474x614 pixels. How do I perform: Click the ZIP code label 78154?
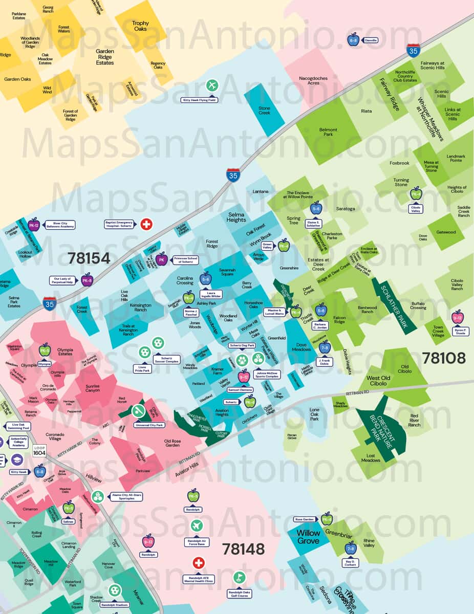[89, 258]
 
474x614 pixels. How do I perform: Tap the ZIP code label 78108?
[443, 358]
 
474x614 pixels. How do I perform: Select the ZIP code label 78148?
[243, 549]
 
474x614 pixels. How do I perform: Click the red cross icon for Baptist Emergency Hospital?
[146, 224]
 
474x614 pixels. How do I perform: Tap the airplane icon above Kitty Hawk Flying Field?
[212, 85]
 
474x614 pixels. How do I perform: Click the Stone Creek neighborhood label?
[264, 110]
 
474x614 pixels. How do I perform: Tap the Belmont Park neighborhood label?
[328, 132]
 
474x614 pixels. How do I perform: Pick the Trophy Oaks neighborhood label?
[140, 26]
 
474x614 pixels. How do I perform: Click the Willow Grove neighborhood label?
[308, 537]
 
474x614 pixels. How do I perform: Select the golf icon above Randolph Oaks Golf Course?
[239, 578]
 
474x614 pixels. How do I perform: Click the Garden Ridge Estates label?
[105, 57]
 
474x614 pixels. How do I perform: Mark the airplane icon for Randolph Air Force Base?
[197, 525]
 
